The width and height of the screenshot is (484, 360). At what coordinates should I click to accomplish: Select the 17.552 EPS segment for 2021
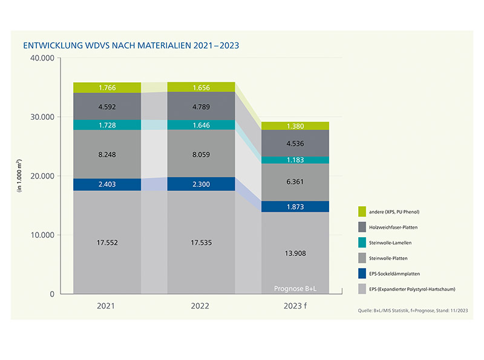pyautogui.click(x=107, y=242)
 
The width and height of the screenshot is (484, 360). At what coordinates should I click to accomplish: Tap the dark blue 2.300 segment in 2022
pyautogui.click(x=201, y=184)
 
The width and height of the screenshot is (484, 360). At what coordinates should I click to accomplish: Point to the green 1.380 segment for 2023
pyautogui.click(x=296, y=126)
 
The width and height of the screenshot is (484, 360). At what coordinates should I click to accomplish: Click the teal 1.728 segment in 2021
pyautogui.click(x=107, y=124)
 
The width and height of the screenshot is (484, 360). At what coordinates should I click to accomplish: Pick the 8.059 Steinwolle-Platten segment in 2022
pyautogui.click(x=201, y=154)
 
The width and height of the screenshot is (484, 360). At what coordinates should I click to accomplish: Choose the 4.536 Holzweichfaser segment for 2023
pyautogui.click(x=296, y=143)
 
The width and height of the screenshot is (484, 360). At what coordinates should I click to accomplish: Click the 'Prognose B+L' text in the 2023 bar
pyautogui.click(x=296, y=287)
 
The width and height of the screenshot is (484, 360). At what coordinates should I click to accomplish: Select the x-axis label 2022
pyautogui.click(x=201, y=306)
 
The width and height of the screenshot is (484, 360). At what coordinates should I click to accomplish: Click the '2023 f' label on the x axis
pyautogui.click(x=296, y=306)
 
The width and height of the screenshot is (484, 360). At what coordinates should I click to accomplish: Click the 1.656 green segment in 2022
pyautogui.click(x=201, y=87)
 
